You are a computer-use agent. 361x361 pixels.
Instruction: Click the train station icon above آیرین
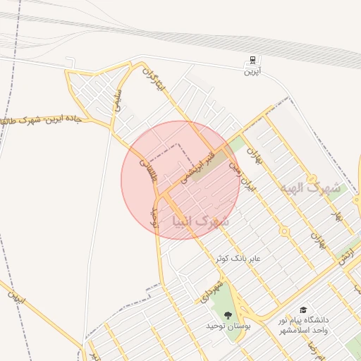click(x=252, y=60)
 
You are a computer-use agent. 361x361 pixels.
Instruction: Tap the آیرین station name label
click(x=252, y=71)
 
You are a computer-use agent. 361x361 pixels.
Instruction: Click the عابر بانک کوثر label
click(x=238, y=259)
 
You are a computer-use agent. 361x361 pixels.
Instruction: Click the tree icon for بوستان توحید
click(x=227, y=315)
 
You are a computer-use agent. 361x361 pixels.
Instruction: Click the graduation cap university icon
click(x=304, y=310)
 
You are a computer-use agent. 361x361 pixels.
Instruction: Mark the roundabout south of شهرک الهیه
click(x=283, y=231)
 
